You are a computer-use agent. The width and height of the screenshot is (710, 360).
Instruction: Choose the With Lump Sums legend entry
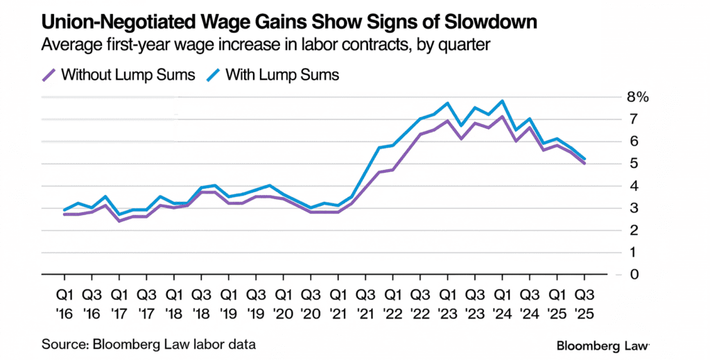273,74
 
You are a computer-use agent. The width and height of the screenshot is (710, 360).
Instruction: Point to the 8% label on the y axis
637,97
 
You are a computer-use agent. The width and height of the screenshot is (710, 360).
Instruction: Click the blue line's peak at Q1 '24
502,101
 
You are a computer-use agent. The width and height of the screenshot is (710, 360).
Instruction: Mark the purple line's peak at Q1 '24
502,117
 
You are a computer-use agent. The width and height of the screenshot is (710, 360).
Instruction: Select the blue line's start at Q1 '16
64,209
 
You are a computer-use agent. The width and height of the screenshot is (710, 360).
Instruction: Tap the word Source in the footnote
60,344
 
